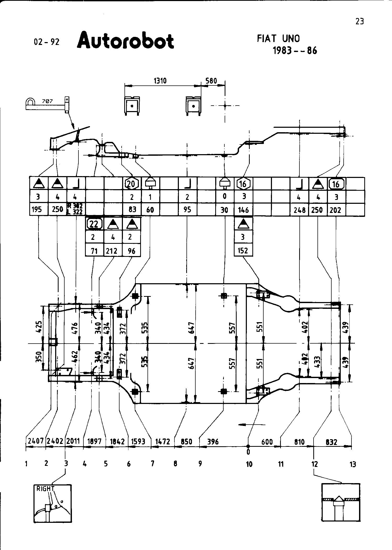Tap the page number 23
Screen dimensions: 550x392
360,21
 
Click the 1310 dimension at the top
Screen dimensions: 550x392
160,81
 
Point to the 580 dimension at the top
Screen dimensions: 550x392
211,81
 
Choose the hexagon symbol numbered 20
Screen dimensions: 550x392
131,184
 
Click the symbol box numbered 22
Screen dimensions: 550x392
94,224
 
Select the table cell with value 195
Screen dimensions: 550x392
37,209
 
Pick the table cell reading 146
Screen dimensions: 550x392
243,210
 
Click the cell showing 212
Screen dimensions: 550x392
112,251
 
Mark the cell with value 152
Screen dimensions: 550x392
243,250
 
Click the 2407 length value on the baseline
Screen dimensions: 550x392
36,441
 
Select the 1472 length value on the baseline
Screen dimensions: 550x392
162,442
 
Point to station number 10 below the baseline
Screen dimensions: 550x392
249,464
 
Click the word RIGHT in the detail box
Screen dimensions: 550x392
45,489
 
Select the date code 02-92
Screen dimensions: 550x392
47,42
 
